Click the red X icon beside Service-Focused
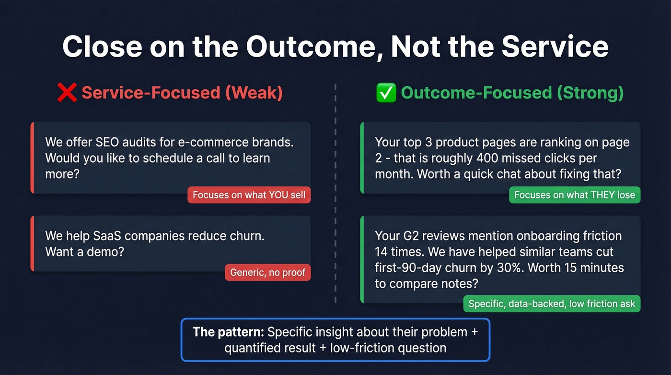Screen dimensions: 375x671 67,93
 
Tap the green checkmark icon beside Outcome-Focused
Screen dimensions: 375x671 386,93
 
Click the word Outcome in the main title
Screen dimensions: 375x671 312,47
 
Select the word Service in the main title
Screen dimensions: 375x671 555,47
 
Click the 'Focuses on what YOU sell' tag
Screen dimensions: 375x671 249,195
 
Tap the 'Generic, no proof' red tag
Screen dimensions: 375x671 267,272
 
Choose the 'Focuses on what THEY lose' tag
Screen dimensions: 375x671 574,195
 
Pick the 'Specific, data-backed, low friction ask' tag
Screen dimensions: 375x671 552,303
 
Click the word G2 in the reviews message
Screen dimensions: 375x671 409,236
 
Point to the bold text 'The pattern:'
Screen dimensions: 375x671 228,332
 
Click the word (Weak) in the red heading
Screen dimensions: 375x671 254,93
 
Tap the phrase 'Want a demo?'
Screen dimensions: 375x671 84,251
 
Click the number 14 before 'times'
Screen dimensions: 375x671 382,252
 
